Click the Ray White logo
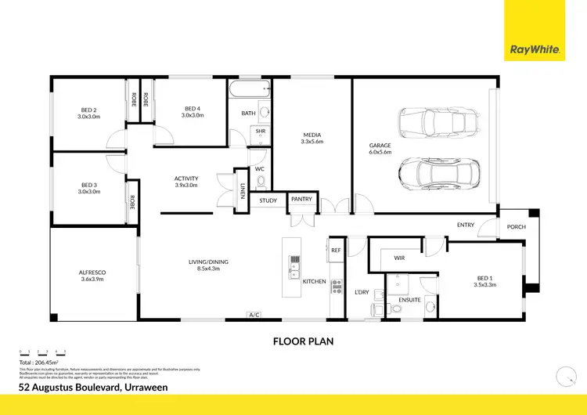pyautogui.click(x=535, y=49)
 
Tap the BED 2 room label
pyautogui.click(x=88, y=110)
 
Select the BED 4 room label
pyautogui.click(x=193, y=109)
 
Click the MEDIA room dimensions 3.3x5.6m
pyautogui.click(x=312, y=143)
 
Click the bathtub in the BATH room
pyautogui.click(x=249, y=89)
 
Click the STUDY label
pyautogui.click(x=268, y=200)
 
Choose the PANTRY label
pyautogui.click(x=301, y=200)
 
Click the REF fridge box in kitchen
pyautogui.click(x=335, y=251)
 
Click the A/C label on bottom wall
pyautogui.click(x=253, y=315)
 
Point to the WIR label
pyautogui.click(x=398, y=257)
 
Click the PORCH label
pyautogui.click(x=517, y=227)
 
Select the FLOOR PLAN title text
pyautogui.click(x=303, y=341)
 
